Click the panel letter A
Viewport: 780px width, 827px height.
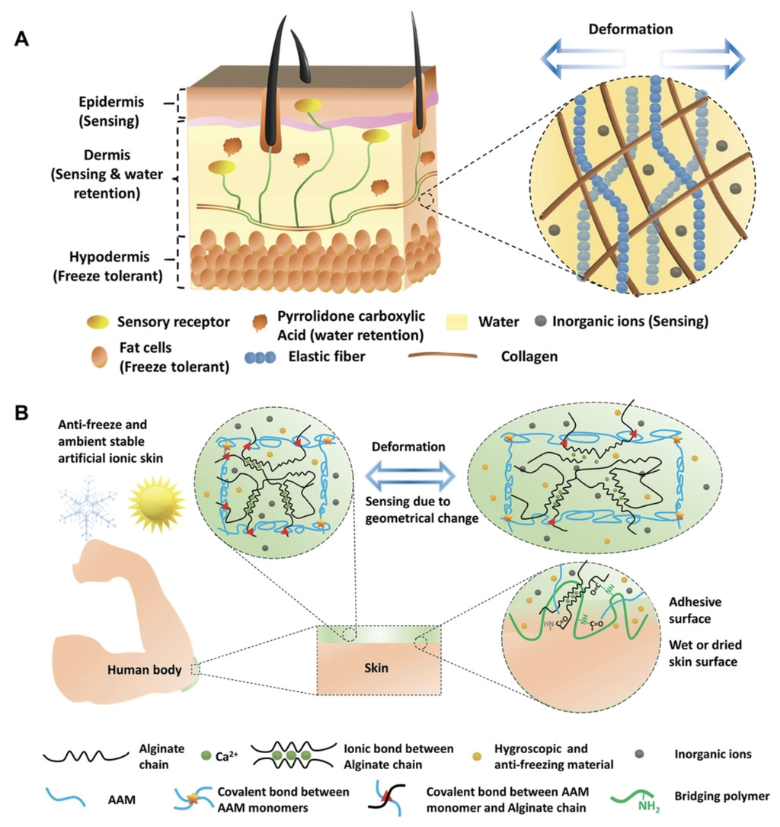[21, 39]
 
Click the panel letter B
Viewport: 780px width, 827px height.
[21, 413]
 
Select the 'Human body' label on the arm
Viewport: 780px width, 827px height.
[145, 670]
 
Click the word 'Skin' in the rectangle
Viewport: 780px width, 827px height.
[376, 668]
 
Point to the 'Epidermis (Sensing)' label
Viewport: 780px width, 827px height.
[110, 111]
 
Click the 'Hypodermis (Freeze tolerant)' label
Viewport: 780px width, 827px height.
[109, 266]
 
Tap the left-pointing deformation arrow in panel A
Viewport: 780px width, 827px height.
[583, 59]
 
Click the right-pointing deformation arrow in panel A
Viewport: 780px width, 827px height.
[703, 59]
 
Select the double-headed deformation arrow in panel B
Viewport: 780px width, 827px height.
[410, 476]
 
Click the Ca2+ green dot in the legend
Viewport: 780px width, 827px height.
[206, 756]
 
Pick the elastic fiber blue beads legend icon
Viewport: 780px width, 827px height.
[261, 357]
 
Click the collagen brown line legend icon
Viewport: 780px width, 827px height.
[443, 356]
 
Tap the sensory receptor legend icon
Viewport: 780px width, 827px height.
[98, 322]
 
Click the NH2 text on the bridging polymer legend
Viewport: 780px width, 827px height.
[649, 806]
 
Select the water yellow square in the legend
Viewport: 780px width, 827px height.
[456, 322]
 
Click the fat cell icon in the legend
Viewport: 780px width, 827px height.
[99, 357]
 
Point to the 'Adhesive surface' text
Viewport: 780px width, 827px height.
[695, 610]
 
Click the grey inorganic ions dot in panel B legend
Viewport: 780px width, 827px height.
[639, 754]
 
